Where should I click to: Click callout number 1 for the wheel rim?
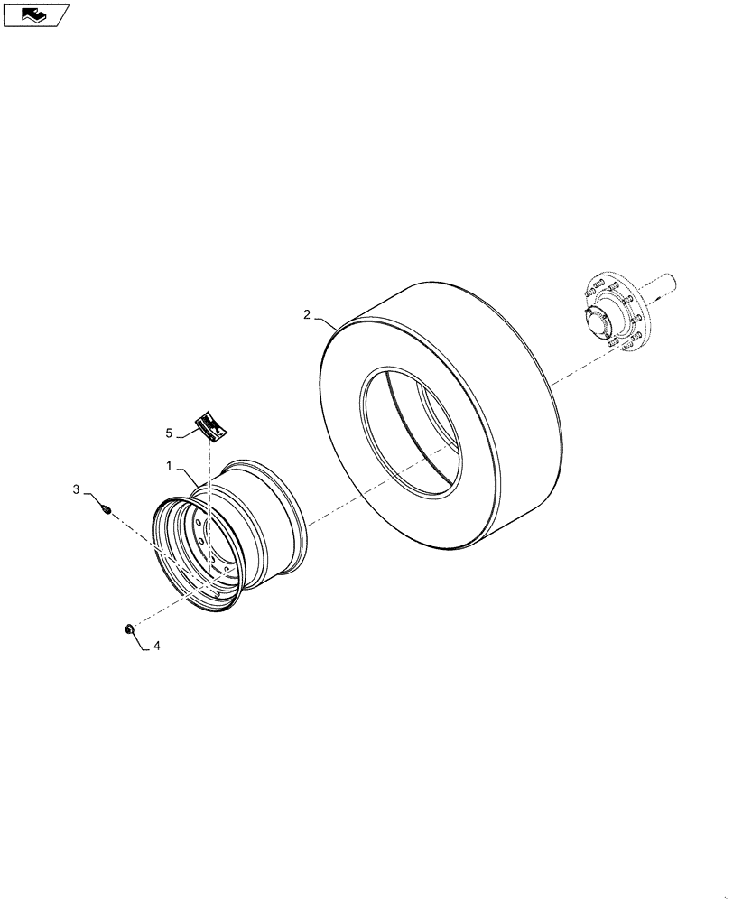click(169, 465)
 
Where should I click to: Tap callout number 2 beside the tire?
click(307, 315)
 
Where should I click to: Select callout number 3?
click(77, 489)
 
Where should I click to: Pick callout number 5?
click(169, 433)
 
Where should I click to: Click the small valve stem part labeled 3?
click(106, 510)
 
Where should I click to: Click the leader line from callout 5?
click(188, 434)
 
